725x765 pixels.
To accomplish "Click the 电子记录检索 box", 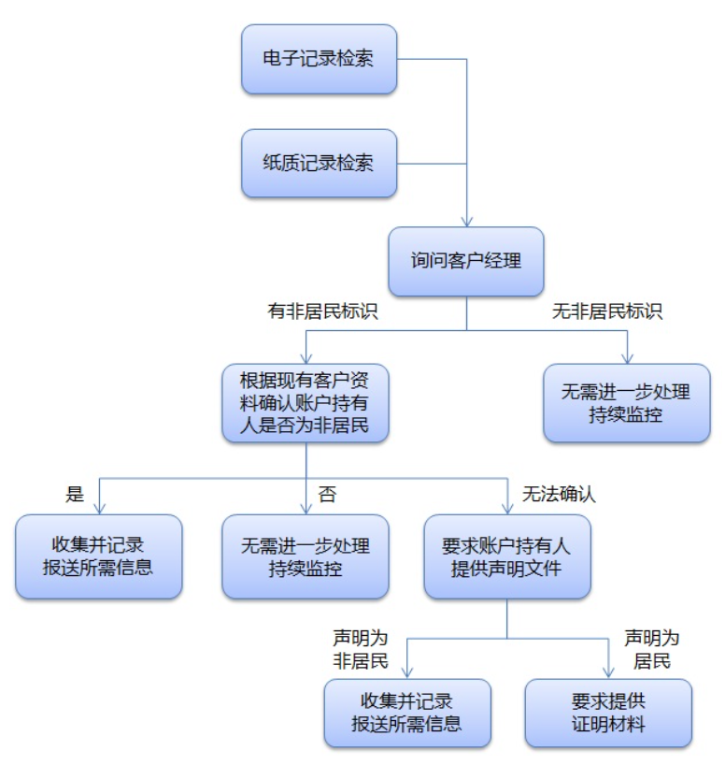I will pos(319,59).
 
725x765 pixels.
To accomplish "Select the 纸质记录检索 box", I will pos(319,163).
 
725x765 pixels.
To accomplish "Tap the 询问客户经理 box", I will pos(465,261).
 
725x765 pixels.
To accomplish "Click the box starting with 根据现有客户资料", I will pos(305,402).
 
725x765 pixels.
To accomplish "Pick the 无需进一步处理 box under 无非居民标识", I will pos(626,403).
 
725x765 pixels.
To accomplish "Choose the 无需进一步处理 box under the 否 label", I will pos(305,556).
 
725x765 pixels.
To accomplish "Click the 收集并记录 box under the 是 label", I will pos(98,556).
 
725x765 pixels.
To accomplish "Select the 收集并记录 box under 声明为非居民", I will pos(407,713).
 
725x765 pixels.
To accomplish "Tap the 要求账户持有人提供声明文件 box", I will pos(506,556).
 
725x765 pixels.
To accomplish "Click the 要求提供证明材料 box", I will pos(608,713).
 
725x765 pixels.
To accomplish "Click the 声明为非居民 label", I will pos(360,648).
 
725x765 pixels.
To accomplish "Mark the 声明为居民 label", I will pos(651,648).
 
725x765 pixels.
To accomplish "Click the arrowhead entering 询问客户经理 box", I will pos(465,221).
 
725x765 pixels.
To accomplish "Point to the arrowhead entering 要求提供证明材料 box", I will pos(608,672).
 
